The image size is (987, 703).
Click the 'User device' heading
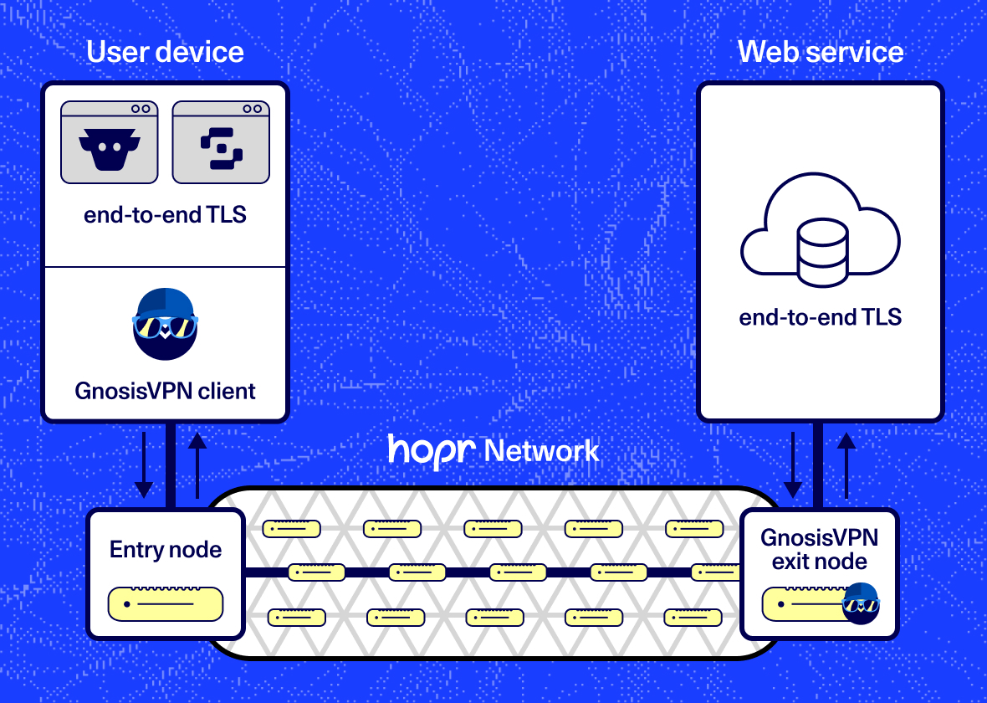[x=165, y=52]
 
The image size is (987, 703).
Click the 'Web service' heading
[x=820, y=52]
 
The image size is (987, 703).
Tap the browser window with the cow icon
[x=109, y=143]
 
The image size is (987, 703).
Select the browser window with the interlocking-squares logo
[x=221, y=143]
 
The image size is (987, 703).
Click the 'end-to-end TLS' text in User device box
[x=165, y=214]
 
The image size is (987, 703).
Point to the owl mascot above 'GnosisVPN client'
[x=165, y=325]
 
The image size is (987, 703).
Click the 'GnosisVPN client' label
[x=165, y=390]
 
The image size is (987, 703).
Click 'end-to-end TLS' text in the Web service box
[x=820, y=317]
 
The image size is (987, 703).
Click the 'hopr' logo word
[x=432, y=450]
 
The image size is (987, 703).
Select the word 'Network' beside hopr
[x=542, y=451]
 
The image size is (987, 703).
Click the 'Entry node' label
[x=166, y=550]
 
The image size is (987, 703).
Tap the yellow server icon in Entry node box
[x=166, y=603]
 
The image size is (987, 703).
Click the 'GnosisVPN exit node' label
[x=819, y=549]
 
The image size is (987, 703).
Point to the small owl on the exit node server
[x=861, y=603]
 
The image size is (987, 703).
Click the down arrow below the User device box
[x=144, y=464]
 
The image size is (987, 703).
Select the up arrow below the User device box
[x=197, y=464]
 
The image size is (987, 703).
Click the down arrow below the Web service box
[x=792, y=464]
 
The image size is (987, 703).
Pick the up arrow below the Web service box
[x=846, y=464]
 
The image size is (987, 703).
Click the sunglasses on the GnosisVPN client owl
[x=165, y=326]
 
